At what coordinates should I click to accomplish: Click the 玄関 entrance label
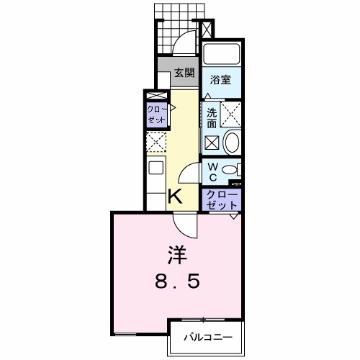click(184, 73)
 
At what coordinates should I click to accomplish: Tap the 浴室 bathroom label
click(220, 81)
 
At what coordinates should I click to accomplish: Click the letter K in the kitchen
click(175, 195)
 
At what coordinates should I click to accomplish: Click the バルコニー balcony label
click(207, 336)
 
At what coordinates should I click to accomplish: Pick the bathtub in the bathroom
click(220, 55)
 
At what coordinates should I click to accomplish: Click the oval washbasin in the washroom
click(232, 142)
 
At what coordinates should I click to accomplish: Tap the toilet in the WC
click(230, 170)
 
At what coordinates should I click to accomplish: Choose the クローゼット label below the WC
click(217, 199)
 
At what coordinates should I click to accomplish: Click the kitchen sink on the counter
click(156, 172)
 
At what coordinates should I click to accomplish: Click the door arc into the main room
click(189, 225)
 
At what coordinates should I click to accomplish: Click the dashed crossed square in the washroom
click(231, 113)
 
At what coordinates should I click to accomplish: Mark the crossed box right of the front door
click(207, 30)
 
